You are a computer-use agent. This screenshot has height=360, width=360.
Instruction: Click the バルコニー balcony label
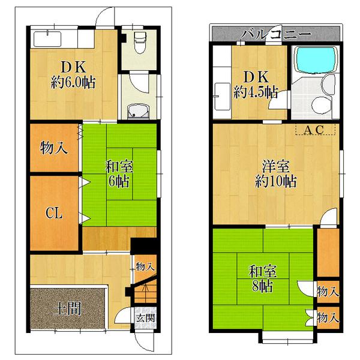(275, 34)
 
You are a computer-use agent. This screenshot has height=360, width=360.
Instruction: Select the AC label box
(316, 130)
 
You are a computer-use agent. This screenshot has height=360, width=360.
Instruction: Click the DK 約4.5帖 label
(256, 85)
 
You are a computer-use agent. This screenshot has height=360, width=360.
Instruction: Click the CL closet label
(53, 212)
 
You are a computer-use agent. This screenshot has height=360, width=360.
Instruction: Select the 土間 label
(67, 310)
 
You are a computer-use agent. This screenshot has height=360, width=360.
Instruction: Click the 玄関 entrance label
(144, 317)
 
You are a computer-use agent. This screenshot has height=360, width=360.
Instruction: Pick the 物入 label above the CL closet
(53, 148)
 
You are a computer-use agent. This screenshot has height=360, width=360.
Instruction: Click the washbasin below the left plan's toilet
(140, 110)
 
